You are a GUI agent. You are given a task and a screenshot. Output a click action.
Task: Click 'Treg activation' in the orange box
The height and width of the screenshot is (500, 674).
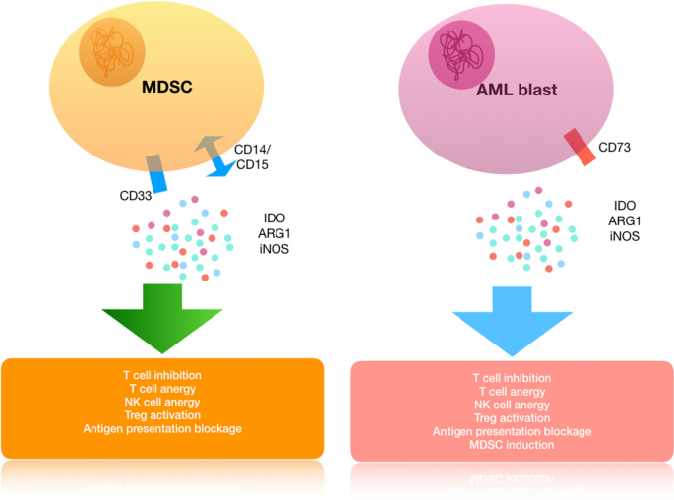click(x=163, y=415)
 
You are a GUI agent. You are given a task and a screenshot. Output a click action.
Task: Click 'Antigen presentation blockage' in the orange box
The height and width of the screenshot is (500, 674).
click(x=163, y=429)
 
